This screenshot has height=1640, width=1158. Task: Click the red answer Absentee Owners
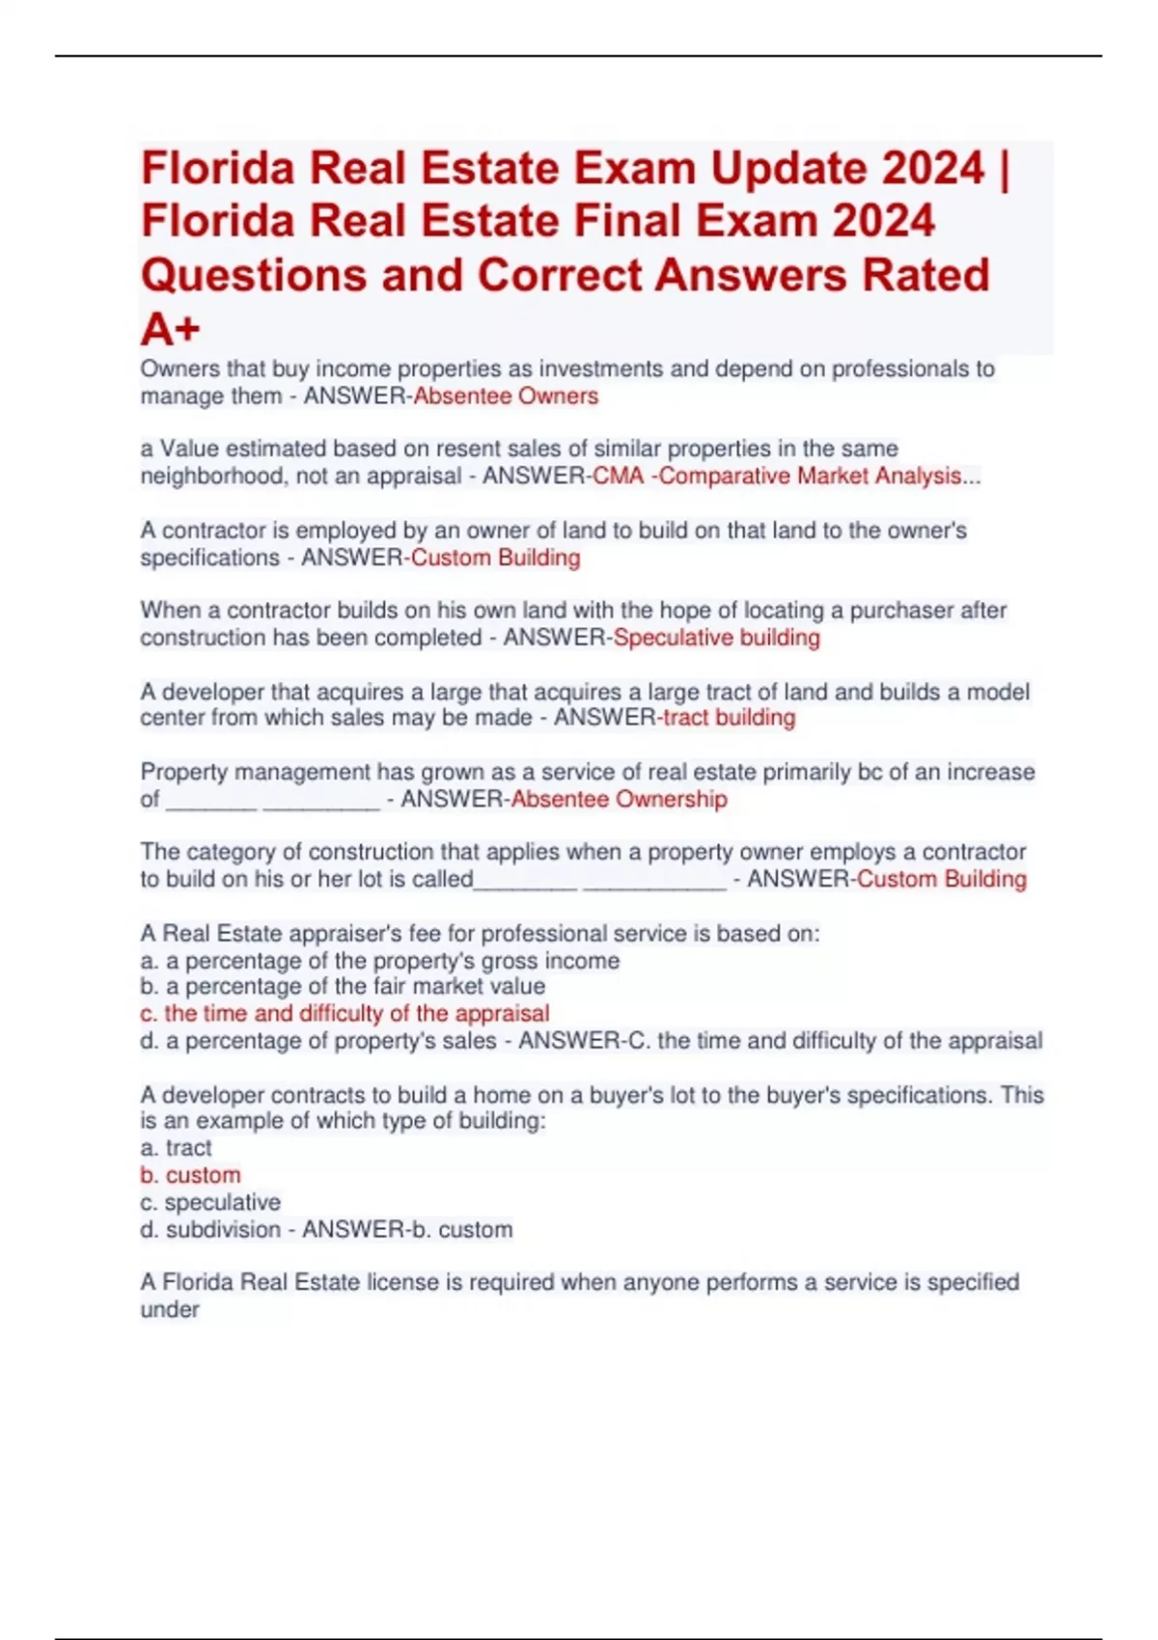[506, 396]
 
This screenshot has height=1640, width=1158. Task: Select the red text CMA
[618, 477]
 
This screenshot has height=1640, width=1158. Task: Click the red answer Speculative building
[717, 638]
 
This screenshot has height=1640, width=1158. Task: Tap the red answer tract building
[730, 718]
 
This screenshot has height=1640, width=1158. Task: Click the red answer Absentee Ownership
[620, 800]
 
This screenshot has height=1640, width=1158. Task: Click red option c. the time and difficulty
[345, 1014]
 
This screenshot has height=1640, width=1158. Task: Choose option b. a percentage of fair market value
[343, 987]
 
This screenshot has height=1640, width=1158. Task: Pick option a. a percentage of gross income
[380, 961]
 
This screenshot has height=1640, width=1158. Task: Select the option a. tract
[176, 1148]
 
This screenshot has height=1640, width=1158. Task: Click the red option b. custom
[190, 1175]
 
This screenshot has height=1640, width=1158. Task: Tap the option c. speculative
[210, 1202]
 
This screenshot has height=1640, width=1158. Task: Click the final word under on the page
[170, 1310]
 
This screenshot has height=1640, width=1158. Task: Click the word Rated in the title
[925, 276]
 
